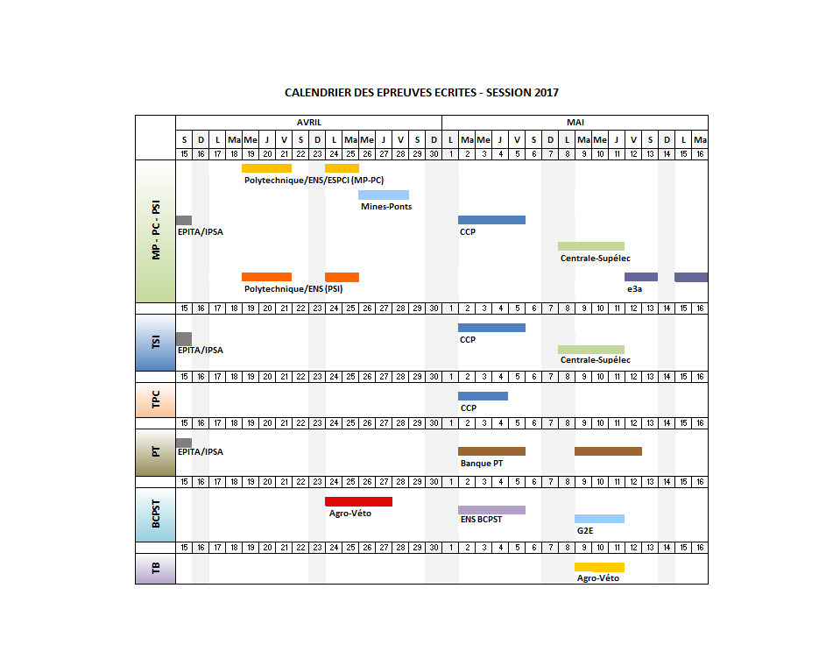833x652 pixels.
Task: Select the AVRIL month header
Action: coord(308,123)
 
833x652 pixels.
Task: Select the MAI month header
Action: coord(575,123)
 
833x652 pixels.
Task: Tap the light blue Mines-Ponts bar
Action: coord(384,195)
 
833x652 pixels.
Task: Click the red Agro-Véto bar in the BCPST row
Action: coord(358,501)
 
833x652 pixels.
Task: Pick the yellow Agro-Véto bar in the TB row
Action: coord(599,567)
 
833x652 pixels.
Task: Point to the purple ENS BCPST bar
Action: coord(491,510)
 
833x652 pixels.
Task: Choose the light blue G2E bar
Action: coord(599,519)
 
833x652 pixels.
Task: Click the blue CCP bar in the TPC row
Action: coord(483,396)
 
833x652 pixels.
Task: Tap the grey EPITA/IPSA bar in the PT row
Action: coord(183,443)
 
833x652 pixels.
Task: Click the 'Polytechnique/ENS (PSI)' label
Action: coord(293,288)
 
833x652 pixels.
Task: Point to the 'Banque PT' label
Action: coord(481,463)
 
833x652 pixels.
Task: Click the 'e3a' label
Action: coord(634,288)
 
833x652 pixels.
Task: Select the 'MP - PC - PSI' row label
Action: coord(156,231)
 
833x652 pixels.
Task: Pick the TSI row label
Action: coord(156,343)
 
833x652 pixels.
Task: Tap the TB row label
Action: coord(156,569)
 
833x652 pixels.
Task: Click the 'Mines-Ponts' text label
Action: coord(385,207)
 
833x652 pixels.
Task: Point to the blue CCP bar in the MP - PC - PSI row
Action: coord(491,220)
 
